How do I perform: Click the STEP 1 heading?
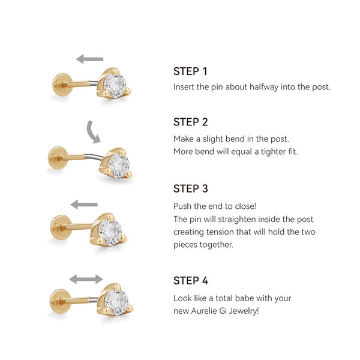point(190,71)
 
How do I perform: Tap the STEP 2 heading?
point(191,122)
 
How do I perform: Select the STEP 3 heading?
point(191,189)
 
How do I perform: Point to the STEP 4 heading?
point(191,281)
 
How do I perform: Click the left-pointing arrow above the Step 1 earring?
point(90,59)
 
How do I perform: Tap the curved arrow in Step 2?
point(91,133)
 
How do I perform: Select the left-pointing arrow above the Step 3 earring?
point(84,205)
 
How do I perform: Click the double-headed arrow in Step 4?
point(86,279)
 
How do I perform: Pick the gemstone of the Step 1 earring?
point(115,86)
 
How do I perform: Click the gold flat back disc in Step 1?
point(61,85)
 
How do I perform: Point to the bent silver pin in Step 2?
point(94,157)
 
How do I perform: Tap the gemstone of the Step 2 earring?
point(119,166)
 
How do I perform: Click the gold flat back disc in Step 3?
point(59,227)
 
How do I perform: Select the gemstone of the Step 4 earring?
point(117,302)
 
